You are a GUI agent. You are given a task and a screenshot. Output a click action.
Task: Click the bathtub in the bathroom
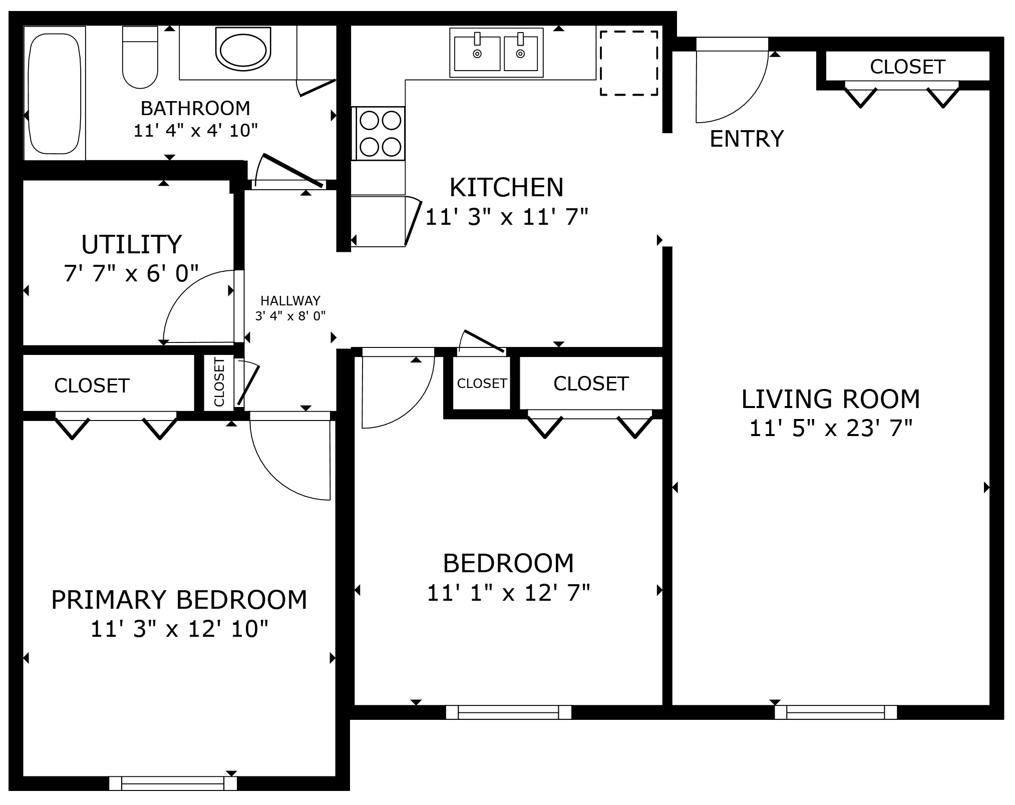(55, 94)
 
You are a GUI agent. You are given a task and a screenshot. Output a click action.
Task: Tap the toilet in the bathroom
(140, 58)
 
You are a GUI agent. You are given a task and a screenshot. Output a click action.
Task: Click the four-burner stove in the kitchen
(380, 133)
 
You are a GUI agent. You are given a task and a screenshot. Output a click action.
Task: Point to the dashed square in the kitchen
(629, 63)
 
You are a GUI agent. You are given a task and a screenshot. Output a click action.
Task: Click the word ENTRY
(747, 139)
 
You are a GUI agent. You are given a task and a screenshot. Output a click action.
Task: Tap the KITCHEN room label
(506, 187)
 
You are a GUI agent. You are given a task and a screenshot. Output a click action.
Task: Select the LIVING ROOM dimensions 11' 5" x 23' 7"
(831, 429)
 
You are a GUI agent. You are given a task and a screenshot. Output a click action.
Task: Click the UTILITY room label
(131, 244)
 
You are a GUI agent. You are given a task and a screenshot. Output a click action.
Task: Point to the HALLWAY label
(290, 301)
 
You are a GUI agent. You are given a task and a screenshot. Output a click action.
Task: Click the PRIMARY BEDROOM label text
(179, 599)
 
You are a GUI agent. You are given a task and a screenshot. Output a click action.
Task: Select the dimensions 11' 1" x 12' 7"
(508, 593)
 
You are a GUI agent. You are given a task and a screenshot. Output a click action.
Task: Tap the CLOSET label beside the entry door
(907, 67)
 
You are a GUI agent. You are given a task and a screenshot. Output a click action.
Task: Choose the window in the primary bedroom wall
(173, 783)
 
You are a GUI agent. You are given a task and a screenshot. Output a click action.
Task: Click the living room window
(835, 712)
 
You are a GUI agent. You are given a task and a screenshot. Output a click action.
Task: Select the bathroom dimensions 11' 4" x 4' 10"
(195, 131)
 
